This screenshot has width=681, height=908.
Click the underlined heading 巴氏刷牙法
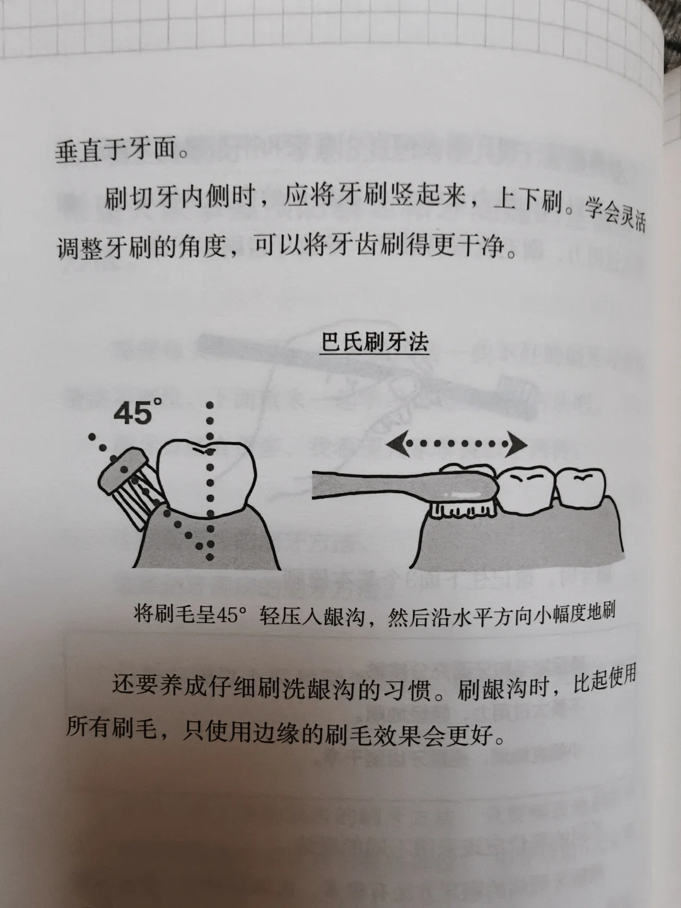[375, 343]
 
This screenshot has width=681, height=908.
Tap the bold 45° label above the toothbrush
[137, 412]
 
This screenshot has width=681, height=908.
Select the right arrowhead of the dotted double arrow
[518, 445]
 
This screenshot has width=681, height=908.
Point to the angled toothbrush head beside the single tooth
[123, 472]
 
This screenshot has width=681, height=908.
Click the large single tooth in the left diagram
[207, 480]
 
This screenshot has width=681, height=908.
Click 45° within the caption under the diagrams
[228, 616]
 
